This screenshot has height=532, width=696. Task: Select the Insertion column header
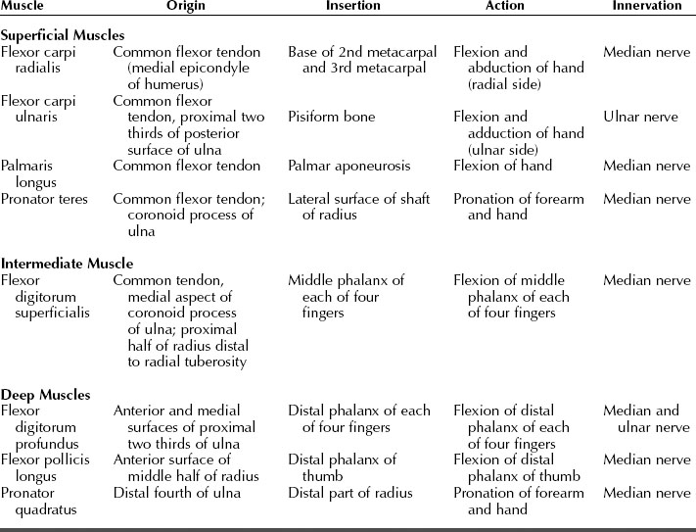click(x=353, y=6)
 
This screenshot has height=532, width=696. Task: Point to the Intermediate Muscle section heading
click(x=67, y=264)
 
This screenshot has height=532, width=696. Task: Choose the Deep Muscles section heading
click(x=45, y=395)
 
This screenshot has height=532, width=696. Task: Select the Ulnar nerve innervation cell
click(x=640, y=117)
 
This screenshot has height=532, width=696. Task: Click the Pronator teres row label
click(x=44, y=199)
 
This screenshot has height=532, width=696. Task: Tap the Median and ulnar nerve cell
click(x=646, y=419)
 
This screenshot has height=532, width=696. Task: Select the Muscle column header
click(x=23, y=6)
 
